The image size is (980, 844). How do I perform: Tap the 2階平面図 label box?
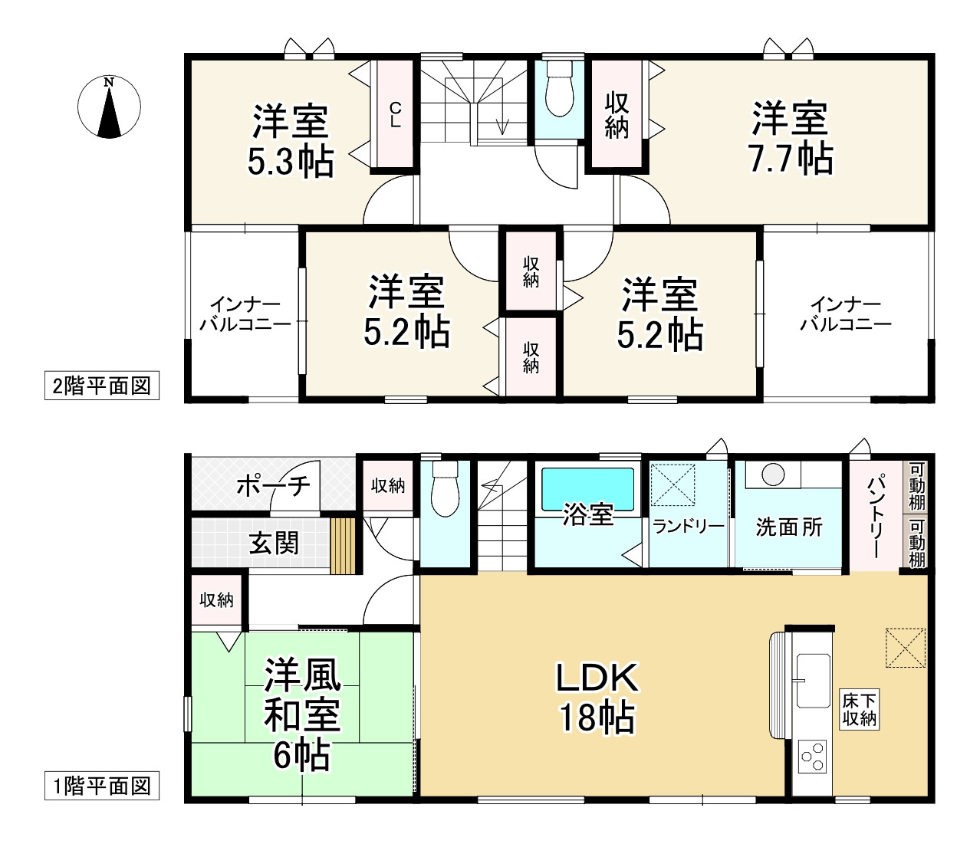(102, 386)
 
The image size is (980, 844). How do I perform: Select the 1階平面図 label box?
(102, 787)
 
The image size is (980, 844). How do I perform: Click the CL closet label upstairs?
(396, 115)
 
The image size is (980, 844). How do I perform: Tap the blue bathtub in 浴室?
(588, 490)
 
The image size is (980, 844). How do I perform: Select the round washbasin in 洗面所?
(773, 475)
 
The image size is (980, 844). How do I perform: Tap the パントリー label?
(875, 517)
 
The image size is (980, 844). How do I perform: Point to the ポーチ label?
(273, 485)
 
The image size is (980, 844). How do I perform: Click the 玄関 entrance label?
(274, 543)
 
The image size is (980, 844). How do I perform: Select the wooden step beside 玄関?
(343, 547)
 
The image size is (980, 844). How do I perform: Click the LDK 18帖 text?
(597, 700)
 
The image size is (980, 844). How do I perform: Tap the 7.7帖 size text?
(791, 158)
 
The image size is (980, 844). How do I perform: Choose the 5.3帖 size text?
(291, 161)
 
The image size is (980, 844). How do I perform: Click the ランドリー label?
(689, 527)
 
